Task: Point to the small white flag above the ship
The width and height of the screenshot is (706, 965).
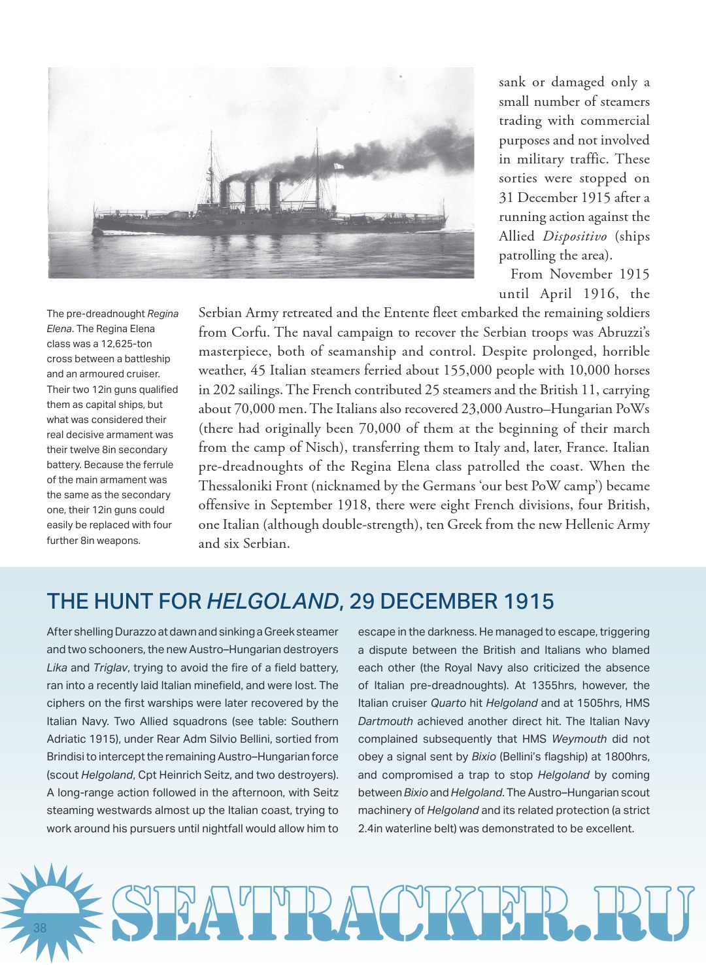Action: pyautogui.click(x=339, y=166)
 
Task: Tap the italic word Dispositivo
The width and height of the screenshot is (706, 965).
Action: pyautogui.click(x=575, y=236)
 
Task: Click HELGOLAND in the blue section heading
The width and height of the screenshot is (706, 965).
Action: pyautogui.click(x=273, y=601)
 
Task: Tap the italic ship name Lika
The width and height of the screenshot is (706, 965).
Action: pyautogui.click(x=57, y=668)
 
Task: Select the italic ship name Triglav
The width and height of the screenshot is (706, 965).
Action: pyautogui.click(x=110, y=668)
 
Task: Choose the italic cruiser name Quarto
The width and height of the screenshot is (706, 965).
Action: pyautogui.click(x=448, y=703)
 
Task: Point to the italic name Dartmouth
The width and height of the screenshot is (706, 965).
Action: pyautogui.click(x=385, y=721)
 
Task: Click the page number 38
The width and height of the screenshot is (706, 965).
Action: pyautogui.click(x=40, y=928)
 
